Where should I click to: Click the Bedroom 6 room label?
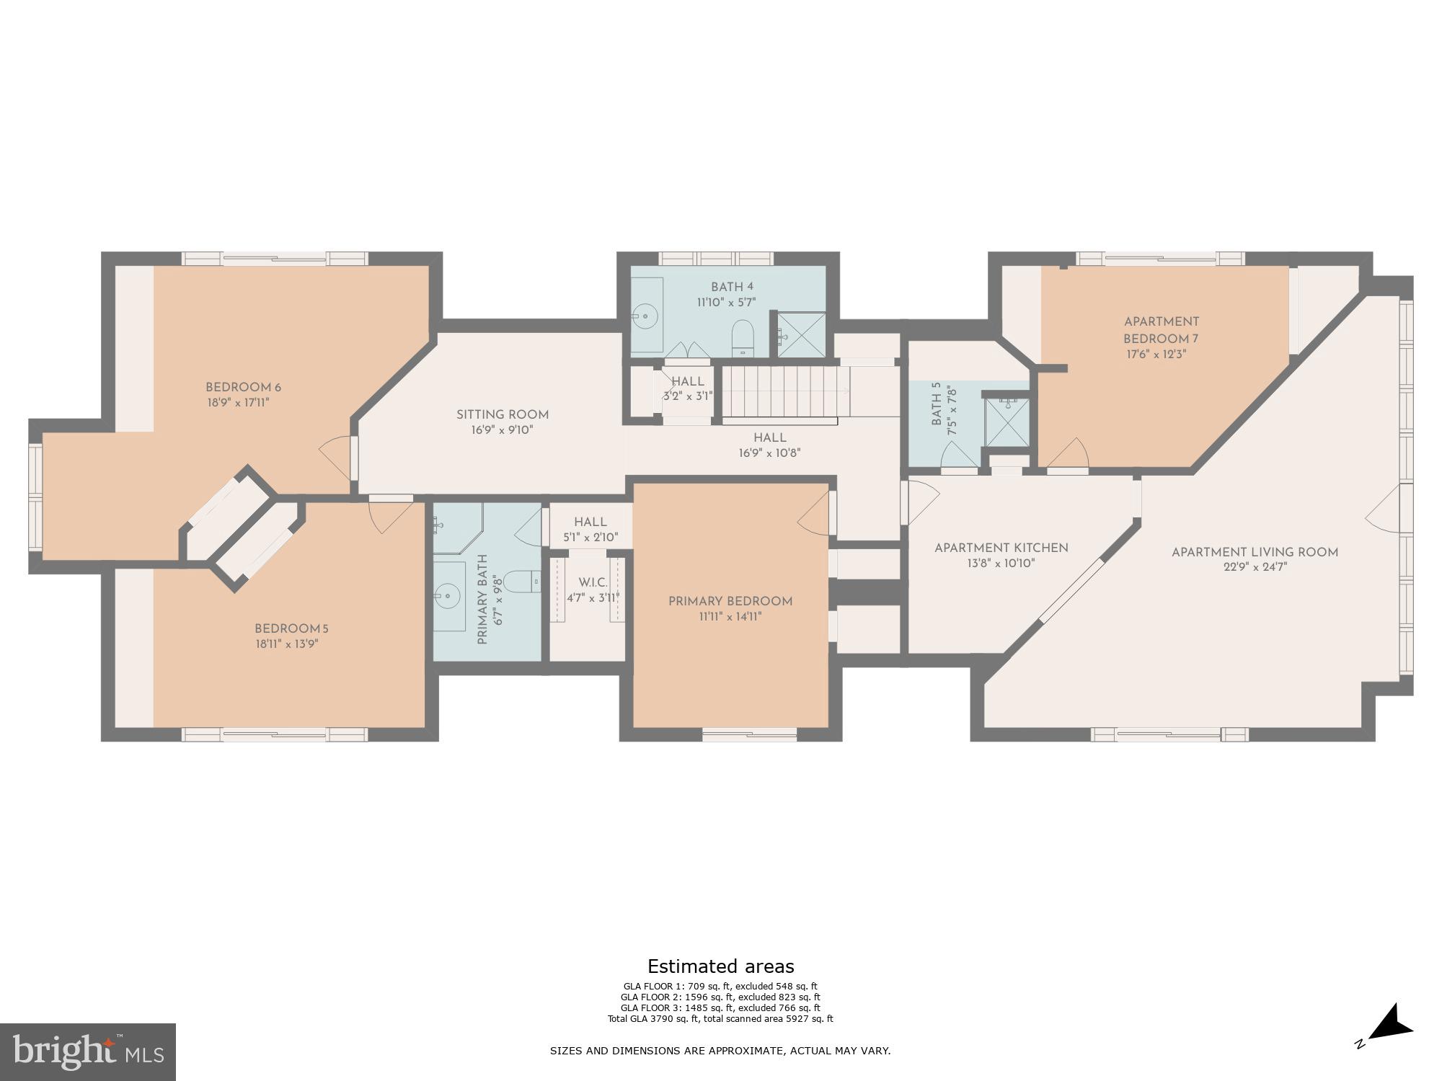point(243,388)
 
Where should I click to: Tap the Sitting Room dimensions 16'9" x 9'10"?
point(502,430)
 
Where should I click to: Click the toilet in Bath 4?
point(742,337)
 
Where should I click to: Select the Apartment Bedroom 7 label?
point(1161,330)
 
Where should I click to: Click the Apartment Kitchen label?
point(1001,548)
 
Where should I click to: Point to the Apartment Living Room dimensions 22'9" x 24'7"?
point(1255,567)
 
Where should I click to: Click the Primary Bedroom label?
point(730,601)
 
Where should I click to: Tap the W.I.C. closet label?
point(593,582)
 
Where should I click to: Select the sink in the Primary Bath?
point(447,596)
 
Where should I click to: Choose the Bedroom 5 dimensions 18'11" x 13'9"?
point(286,644)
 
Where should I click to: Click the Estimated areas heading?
point(720,966)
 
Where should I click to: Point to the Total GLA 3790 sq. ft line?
point(720,1019)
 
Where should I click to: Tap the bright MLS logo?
point(87,1052)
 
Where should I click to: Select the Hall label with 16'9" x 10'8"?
point(769,437)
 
